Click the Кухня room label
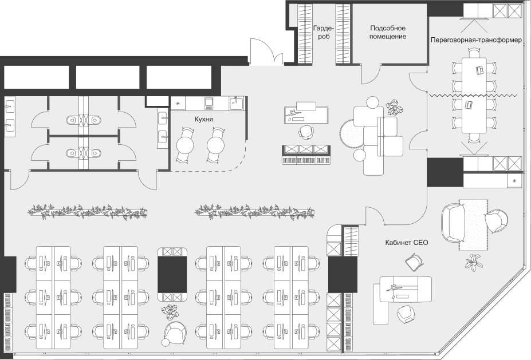(203, 120)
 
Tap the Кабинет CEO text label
(406, 243)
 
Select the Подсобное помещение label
(388, 32)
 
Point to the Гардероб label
(324, 32)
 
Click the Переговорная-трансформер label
(476, 40)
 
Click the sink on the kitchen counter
(236, 102)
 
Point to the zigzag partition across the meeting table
(474, 95)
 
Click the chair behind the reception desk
(306, 131)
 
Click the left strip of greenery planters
(88, 211)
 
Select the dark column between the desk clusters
(172, 275)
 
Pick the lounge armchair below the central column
(174, 333)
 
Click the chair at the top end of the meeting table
(474, 53)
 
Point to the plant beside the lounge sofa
(395, 107)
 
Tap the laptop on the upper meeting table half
(479, 70)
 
